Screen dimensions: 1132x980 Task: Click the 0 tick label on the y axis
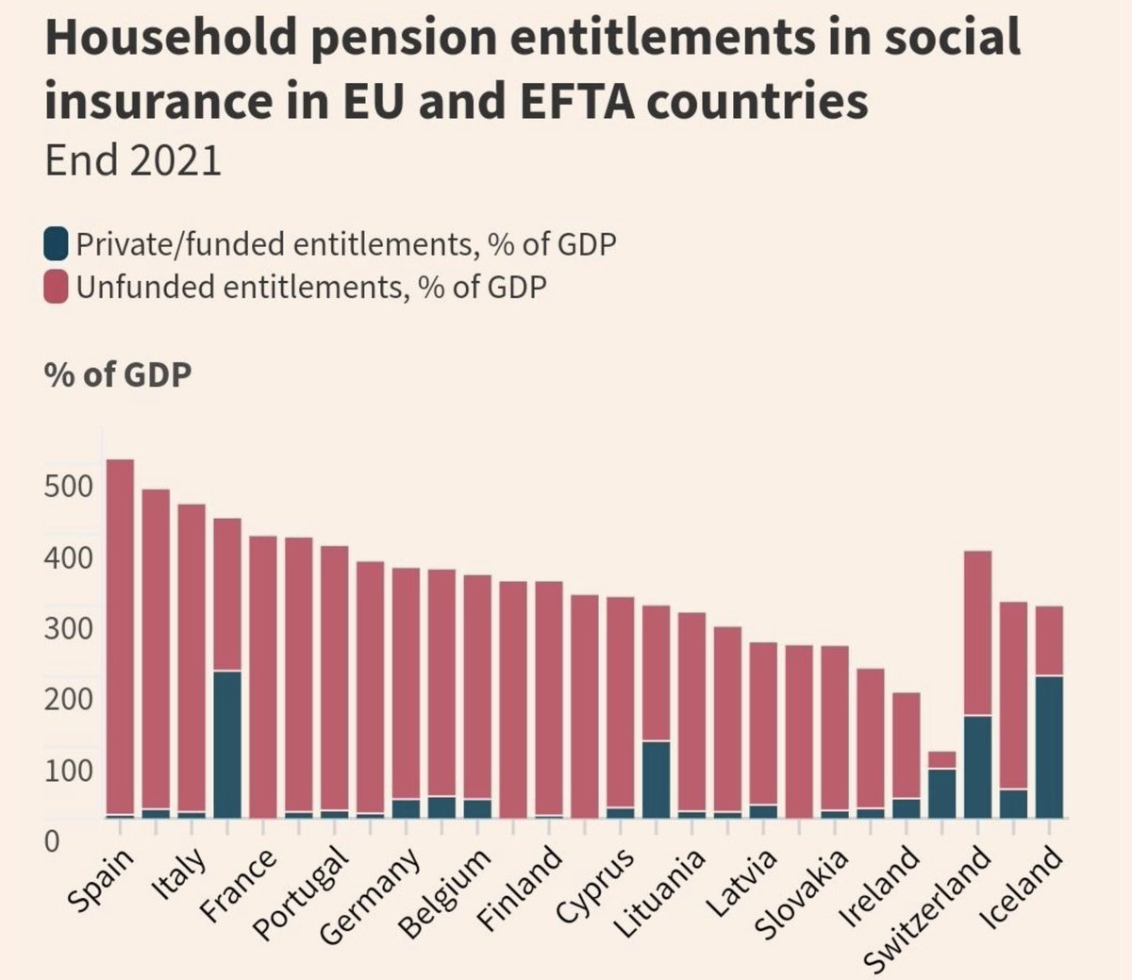tap(52, 842)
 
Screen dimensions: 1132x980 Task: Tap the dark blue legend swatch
tap(56, 243)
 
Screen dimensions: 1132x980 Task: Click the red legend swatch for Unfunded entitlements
tap(56, 286)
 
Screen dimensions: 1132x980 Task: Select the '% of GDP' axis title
tap(118, 375)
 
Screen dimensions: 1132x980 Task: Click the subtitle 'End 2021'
tap(133, 160)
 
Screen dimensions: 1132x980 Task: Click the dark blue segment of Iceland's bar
tap(1049, 747)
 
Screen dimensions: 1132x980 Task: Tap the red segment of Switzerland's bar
tap(977, 634)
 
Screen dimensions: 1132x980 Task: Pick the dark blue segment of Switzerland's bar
tap(977, 767)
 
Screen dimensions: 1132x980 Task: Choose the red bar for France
tap(263, 677)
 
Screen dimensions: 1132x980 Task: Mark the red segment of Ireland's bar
tap(907, 746)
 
